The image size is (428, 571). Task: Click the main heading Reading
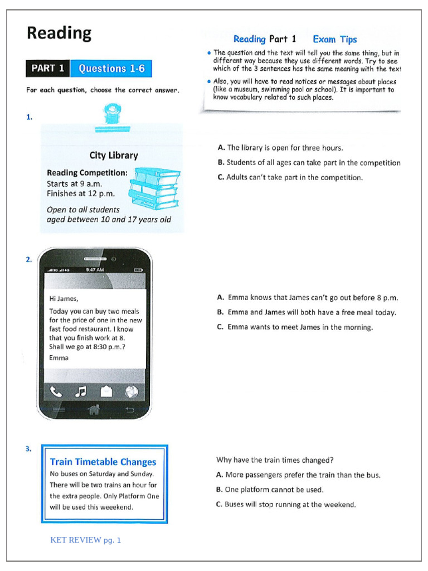coord(59,33)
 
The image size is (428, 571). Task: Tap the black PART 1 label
coord(48,69)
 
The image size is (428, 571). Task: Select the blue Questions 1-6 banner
coord(111,69)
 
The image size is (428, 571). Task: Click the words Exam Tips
coord(335,40)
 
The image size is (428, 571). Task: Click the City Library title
coord(114,156)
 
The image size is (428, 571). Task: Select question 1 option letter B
coord(221,162)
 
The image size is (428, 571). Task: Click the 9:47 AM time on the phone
coord(95,270)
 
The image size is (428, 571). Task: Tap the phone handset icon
coord(56,392)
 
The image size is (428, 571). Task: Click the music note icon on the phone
coord(81,392)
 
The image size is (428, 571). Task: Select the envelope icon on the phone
coord(106,391)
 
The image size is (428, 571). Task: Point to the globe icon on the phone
coord(132,392)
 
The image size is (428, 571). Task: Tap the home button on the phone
coord(94,410)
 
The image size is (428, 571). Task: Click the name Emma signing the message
coord(59,358)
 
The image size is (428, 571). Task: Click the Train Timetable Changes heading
coord(103,462)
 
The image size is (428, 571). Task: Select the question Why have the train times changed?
coord(275,460)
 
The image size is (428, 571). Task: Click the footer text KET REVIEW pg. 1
coord(85,540)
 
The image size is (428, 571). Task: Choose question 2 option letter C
coord(220,327)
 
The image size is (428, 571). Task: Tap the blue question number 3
coord(28,449)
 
